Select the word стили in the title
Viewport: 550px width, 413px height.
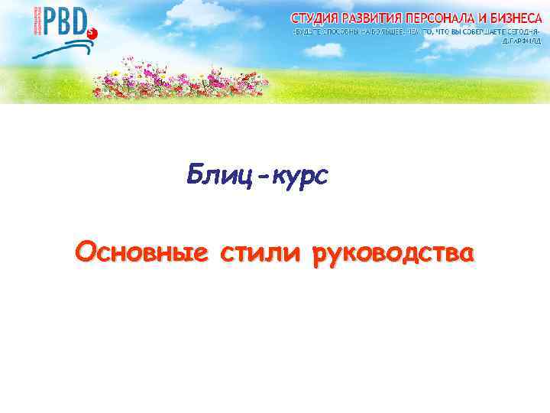[259, 252]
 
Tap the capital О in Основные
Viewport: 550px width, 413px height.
[85, 252]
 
